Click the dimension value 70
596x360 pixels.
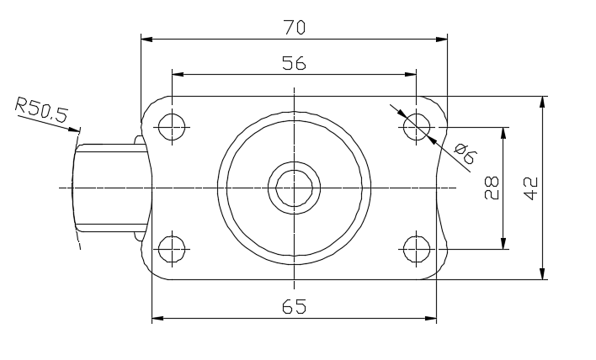coord(294,28)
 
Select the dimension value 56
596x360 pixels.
coord(294,63)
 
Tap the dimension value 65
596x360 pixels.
coord(294,306)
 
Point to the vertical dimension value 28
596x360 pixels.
coord(492,188)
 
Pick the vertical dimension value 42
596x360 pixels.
coord(530,188)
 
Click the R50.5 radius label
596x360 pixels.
coord(42,110)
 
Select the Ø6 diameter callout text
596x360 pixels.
coord(466,153)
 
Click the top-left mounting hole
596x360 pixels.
coord(172,126)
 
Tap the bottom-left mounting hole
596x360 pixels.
coord(172,249)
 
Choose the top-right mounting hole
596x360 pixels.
coord(417,126)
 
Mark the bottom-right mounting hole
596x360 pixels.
coord(417,249)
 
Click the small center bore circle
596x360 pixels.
coord(294,188)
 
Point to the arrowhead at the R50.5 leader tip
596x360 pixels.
coord(74,130)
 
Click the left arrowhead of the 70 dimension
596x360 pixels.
coord(146,39)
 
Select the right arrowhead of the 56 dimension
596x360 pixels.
coord(411,74)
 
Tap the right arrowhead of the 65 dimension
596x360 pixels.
coord(431,318)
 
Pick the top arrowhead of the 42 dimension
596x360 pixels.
coord(542,102)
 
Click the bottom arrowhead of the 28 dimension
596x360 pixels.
coord(503,243)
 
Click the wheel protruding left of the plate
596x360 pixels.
coord(110,188)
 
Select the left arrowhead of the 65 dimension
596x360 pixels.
coord(157,318)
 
